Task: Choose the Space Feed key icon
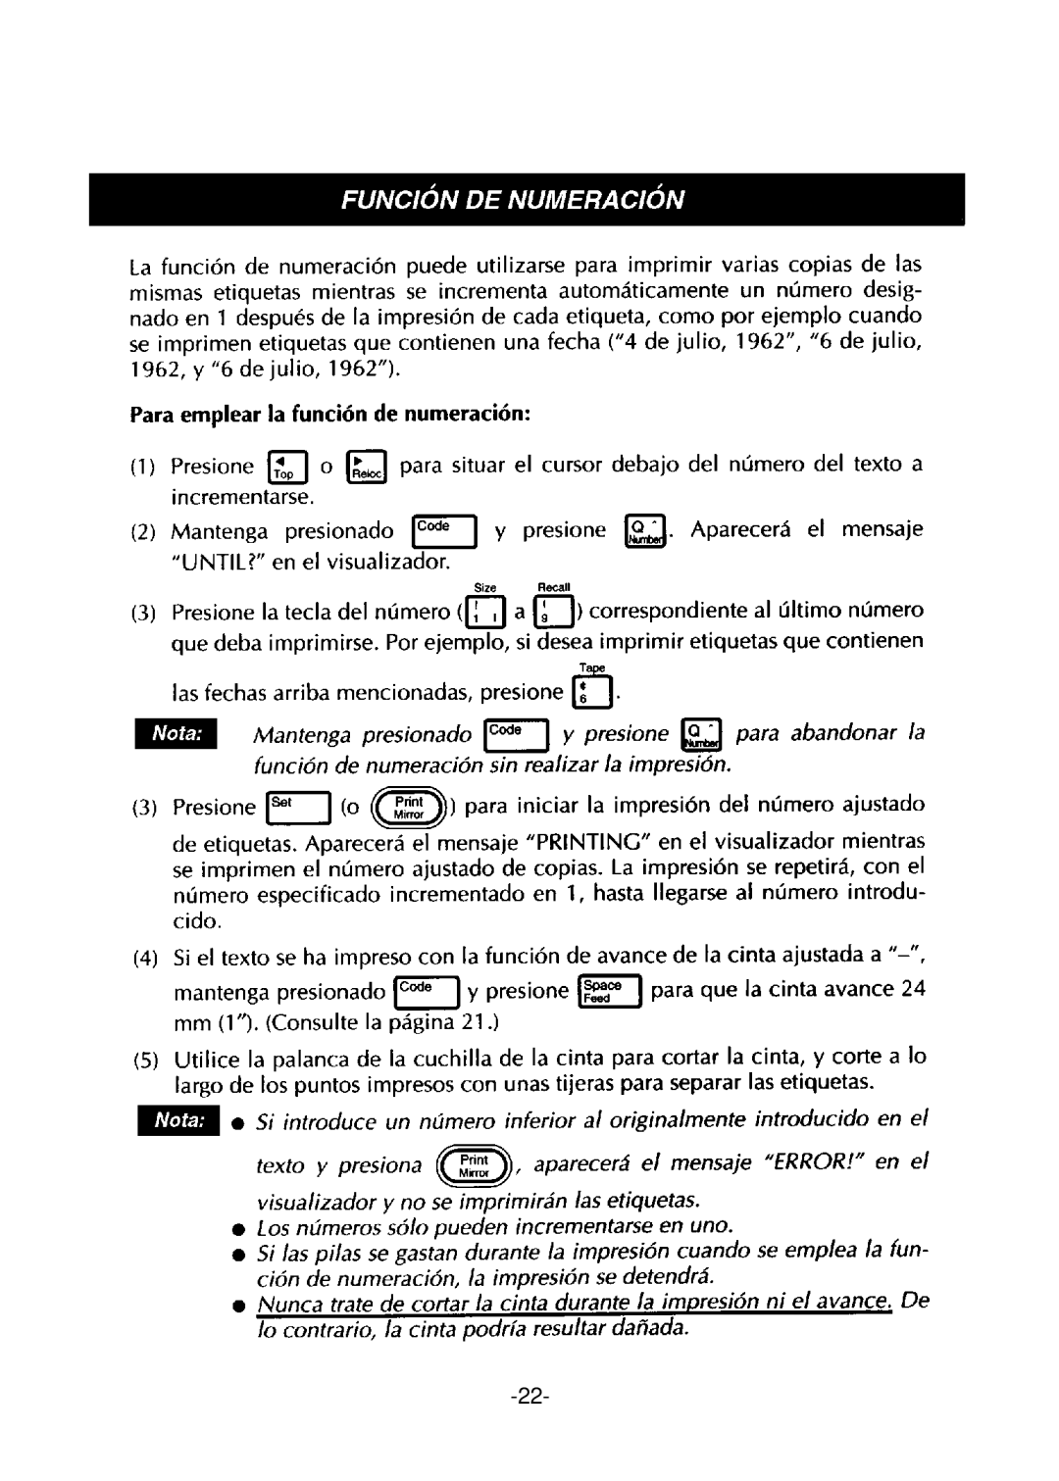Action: pos(609,992)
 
